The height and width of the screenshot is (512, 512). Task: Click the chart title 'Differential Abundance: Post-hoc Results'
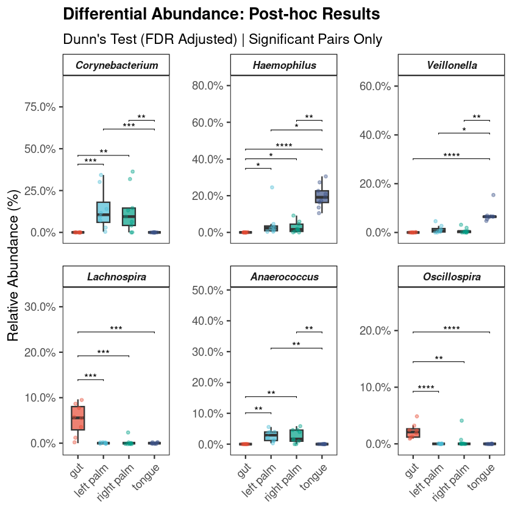pos(221,14)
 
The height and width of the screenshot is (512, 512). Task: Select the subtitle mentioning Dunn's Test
pos(222,40)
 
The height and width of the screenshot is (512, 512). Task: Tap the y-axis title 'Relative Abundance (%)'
pos(14,265)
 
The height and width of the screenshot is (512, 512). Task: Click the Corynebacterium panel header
pos(116,65)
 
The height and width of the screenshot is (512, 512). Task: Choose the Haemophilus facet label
pos(284,65)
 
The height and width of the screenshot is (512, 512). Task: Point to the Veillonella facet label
pos(452,65)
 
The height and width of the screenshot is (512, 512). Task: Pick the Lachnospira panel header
pos(116,277)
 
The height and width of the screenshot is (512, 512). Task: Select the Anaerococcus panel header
pos(284,277)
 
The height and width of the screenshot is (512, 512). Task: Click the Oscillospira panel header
pos(452,277)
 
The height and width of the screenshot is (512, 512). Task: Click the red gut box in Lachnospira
pos(77,418)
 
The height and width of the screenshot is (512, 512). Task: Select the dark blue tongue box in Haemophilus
pos(322,196)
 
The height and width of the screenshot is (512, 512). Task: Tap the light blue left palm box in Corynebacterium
pos(104,212)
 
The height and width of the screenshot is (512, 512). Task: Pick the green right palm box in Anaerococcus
pos(296,435)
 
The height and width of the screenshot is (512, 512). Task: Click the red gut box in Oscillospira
pos(413,433)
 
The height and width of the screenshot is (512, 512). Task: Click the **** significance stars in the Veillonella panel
pos(452,155)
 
